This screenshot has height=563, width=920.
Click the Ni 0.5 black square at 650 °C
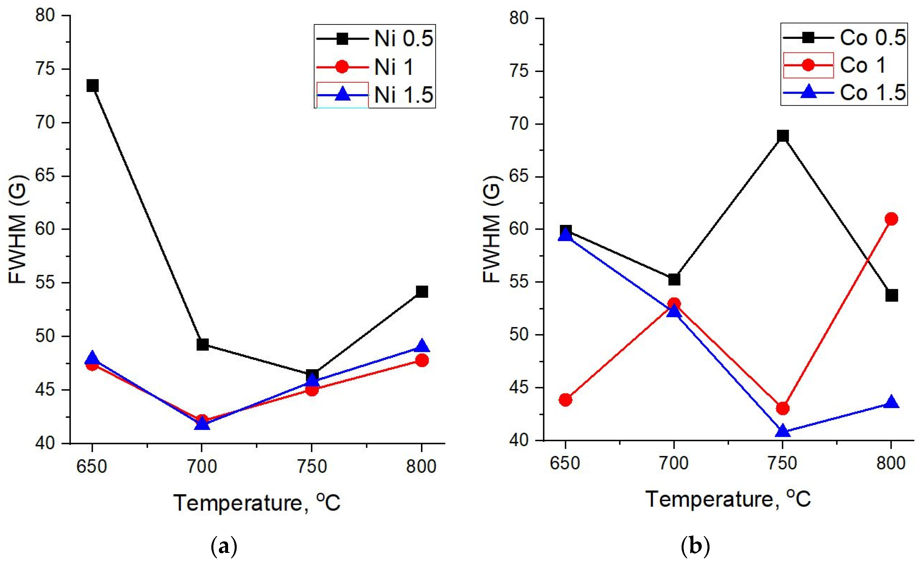(92, 86)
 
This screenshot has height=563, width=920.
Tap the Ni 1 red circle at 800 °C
(422, 360)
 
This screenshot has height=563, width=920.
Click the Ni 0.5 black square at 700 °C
(202, 344)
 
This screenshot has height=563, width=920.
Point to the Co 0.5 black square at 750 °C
(783, 136)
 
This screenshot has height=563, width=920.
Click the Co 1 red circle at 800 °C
(891, 219)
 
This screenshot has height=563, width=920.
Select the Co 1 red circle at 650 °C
(565, 400)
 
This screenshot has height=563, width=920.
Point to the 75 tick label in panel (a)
(45, 69)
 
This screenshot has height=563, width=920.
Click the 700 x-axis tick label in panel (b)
(674, 463)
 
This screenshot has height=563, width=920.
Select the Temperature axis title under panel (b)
(728, 499)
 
